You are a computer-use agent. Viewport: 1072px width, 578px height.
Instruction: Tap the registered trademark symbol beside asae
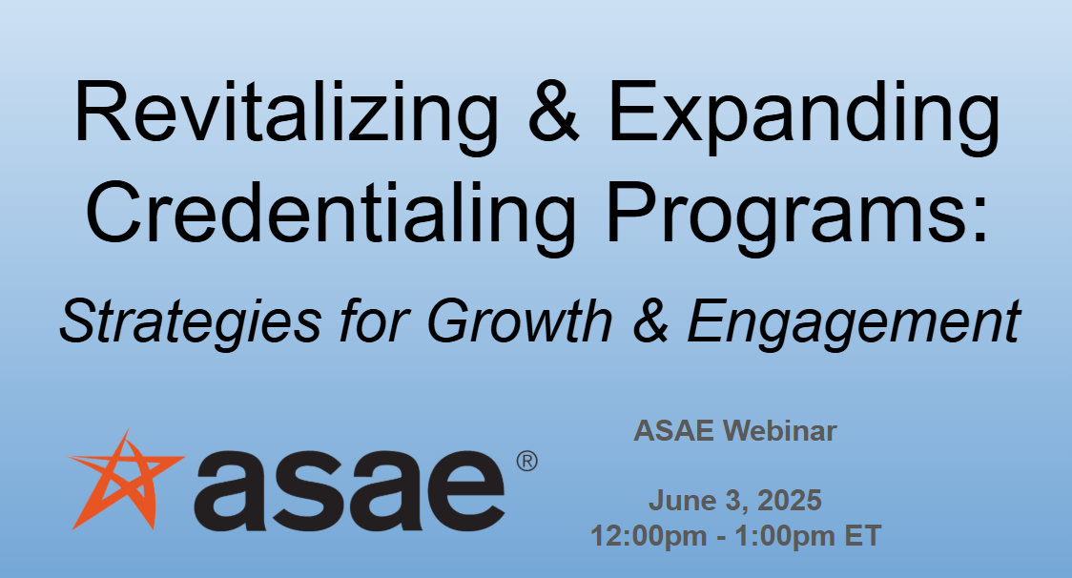[526, 462]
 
